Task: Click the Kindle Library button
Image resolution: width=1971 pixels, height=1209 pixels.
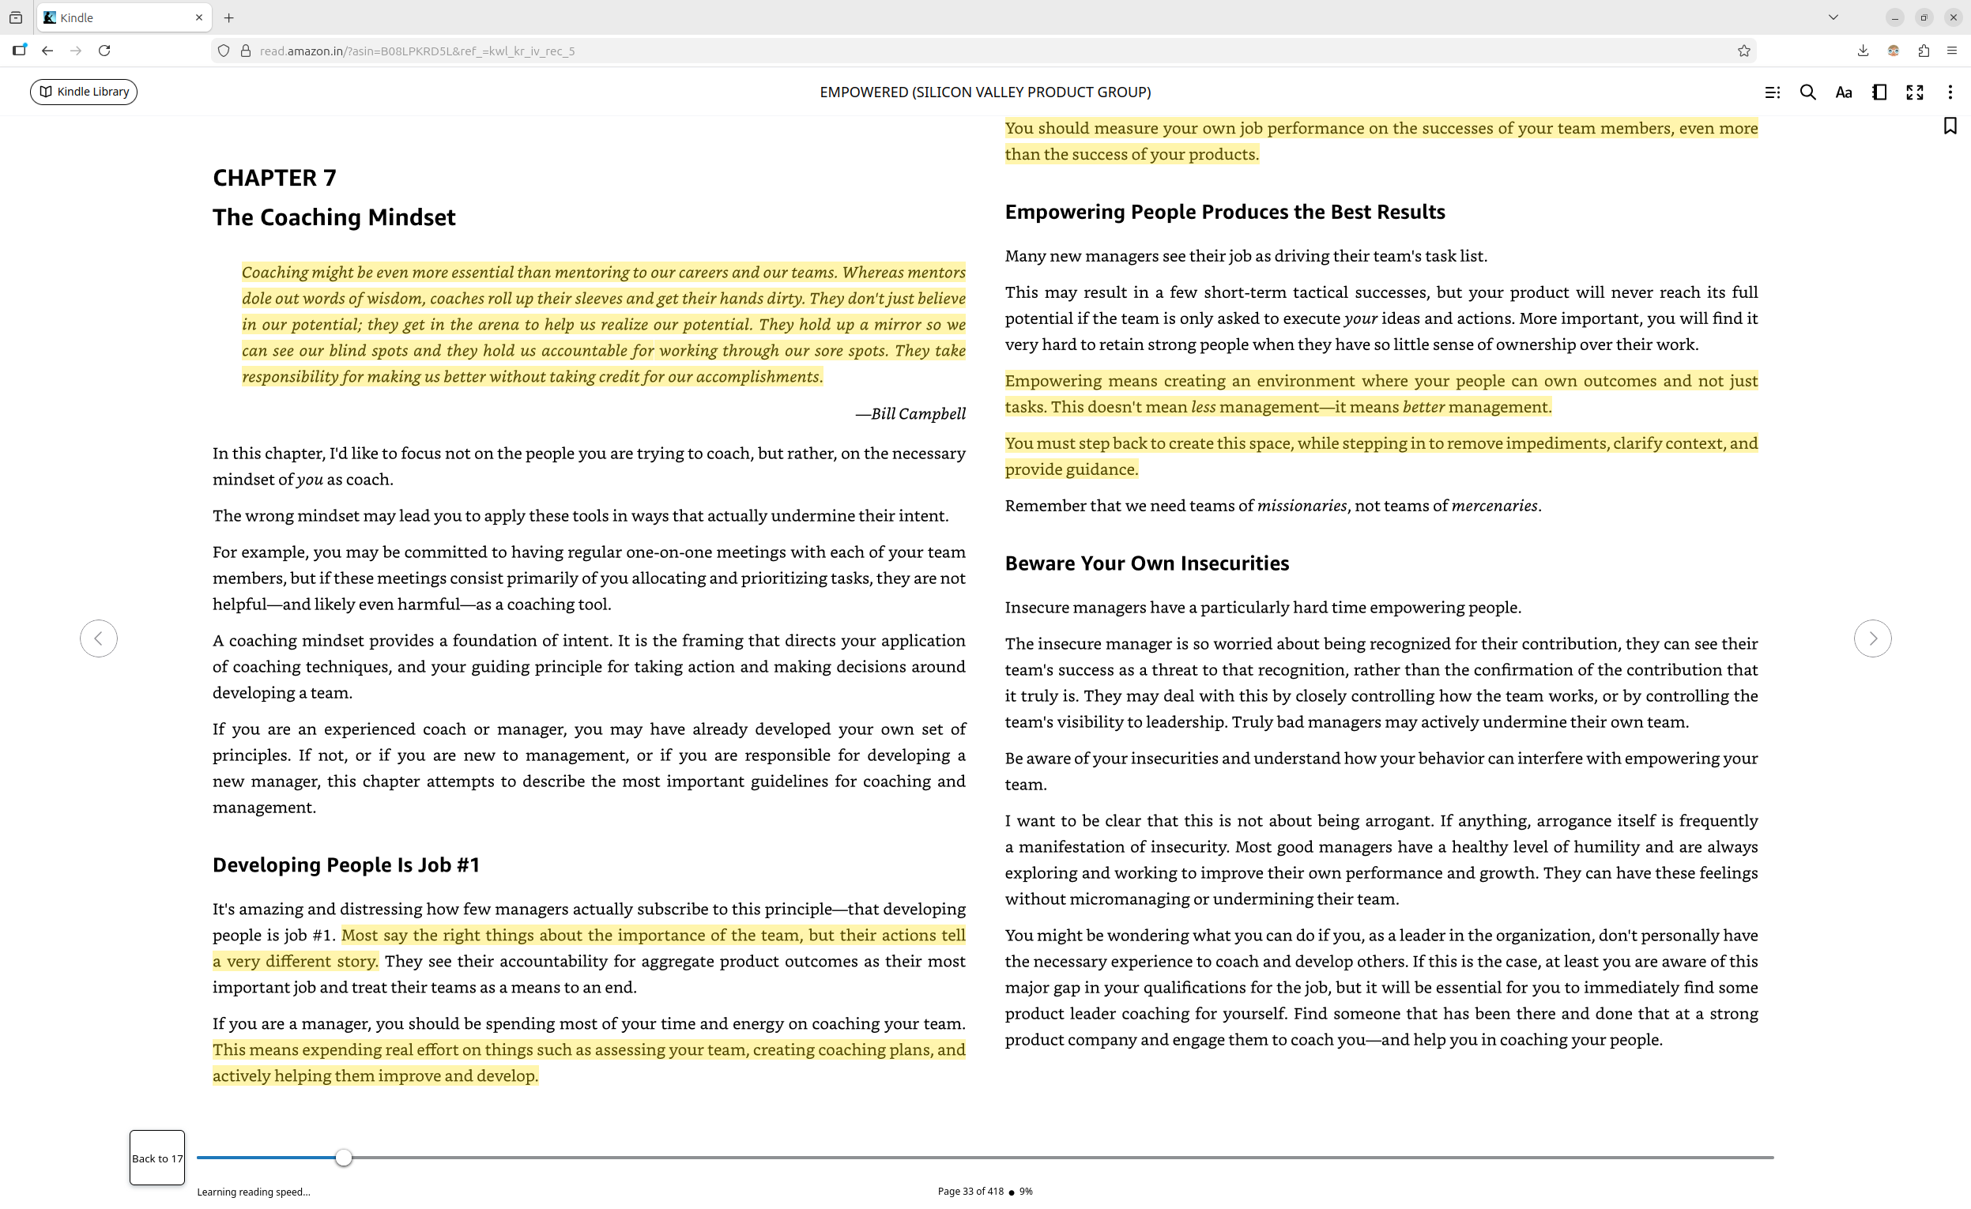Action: click(84, 92)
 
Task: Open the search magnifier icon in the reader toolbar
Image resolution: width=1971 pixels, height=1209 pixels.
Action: click(1807, 92)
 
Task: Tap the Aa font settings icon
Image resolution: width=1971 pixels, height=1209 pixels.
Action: click(1843, 92)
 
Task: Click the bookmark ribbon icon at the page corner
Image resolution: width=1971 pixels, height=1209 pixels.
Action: click(1950, 126)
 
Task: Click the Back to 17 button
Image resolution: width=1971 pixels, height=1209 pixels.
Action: click(156, 1157)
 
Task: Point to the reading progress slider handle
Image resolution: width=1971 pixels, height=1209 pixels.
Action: click(343, 1157)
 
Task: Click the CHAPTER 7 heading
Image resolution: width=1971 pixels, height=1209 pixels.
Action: click(274, 178)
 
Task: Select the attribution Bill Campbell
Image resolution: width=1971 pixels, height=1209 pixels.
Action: click(910, 413)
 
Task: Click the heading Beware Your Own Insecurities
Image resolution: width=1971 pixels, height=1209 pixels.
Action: click(1146, 563)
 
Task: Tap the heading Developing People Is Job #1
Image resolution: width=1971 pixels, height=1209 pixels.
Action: click(345, 864)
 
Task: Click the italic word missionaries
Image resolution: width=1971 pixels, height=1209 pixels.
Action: click(1302, 506)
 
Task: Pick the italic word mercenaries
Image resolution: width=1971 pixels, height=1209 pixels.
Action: click(1494, 506)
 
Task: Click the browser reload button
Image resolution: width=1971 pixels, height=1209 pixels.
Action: click(104, 51)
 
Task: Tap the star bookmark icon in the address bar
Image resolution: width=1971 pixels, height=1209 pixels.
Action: click(1744, 51)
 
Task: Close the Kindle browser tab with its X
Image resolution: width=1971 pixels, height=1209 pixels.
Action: click(199, 17)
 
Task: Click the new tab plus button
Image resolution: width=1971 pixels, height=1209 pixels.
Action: click(228, 17)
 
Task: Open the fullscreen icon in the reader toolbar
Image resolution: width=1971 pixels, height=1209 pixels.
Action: click(1914, 92)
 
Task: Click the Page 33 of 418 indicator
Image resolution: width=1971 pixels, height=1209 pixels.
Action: click(970, 1191)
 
